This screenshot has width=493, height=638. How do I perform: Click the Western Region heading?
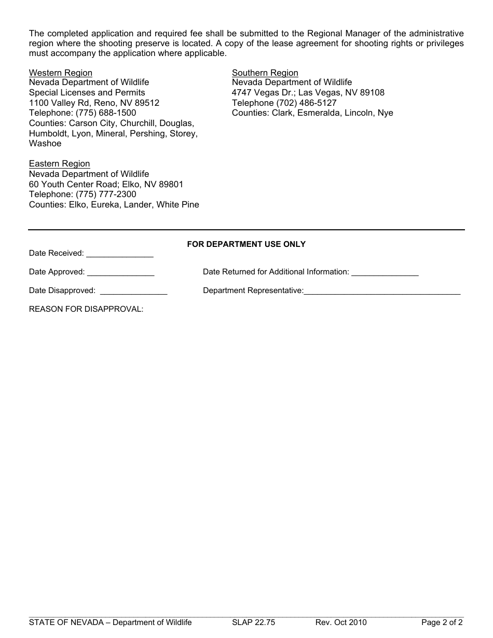[x=60, y=73]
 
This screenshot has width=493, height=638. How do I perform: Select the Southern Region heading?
[x=265, y=73]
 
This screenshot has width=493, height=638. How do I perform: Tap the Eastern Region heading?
[x=59, y=164]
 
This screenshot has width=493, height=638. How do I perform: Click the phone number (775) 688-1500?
[x=106, y=113]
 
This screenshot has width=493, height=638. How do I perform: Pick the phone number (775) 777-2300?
[x=106, y=195]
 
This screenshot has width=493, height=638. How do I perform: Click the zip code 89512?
[x=147, y=103]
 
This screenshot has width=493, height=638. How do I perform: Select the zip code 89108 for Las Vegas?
[x=372, y=93]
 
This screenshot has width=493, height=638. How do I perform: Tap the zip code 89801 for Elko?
[x=171, y=185]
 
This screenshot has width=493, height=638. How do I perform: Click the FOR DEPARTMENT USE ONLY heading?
[x=246, y=244]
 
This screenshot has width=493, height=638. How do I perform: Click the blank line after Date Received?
[x=119, y=255]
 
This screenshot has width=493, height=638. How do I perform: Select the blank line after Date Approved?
[x=120, y=273]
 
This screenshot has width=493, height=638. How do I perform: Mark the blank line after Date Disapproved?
[x=133, y=292]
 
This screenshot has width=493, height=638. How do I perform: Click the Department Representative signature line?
[x=382, y=292]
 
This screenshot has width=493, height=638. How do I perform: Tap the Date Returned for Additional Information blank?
[x=385, y=273]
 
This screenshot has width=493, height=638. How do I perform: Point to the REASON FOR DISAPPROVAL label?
[x=86, y=309]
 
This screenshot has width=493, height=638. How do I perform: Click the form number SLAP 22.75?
[x=253, y=622]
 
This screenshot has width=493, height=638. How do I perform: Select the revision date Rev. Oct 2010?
[x=340, y=622]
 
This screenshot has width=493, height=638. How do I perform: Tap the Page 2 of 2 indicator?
[x=442, y=622]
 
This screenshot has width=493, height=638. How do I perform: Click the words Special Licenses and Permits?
[x=87, y=93]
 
